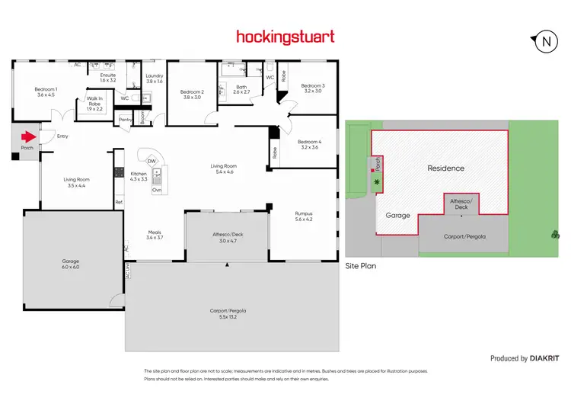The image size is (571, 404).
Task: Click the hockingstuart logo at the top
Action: click(285, 36)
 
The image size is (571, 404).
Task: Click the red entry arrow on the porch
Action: click(28, 137)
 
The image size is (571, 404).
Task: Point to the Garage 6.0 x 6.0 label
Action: click(70, 264)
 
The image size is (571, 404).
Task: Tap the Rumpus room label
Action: click(304, 216)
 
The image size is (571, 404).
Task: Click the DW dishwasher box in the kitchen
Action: click(152, 161)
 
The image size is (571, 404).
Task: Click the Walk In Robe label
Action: click(94, 103)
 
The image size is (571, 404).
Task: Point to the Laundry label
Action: click(154, 78)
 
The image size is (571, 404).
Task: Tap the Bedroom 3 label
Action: click(313, 88)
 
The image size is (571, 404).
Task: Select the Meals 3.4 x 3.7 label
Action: click(155, 235)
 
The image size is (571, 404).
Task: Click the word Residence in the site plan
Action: click(445, 168)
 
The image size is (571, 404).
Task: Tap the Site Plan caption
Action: click(361, 267)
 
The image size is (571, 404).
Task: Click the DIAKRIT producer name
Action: click(546, 358)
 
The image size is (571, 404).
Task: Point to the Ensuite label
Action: click(108, 77)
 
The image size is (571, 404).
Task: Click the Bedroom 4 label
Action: click(309, 143)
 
